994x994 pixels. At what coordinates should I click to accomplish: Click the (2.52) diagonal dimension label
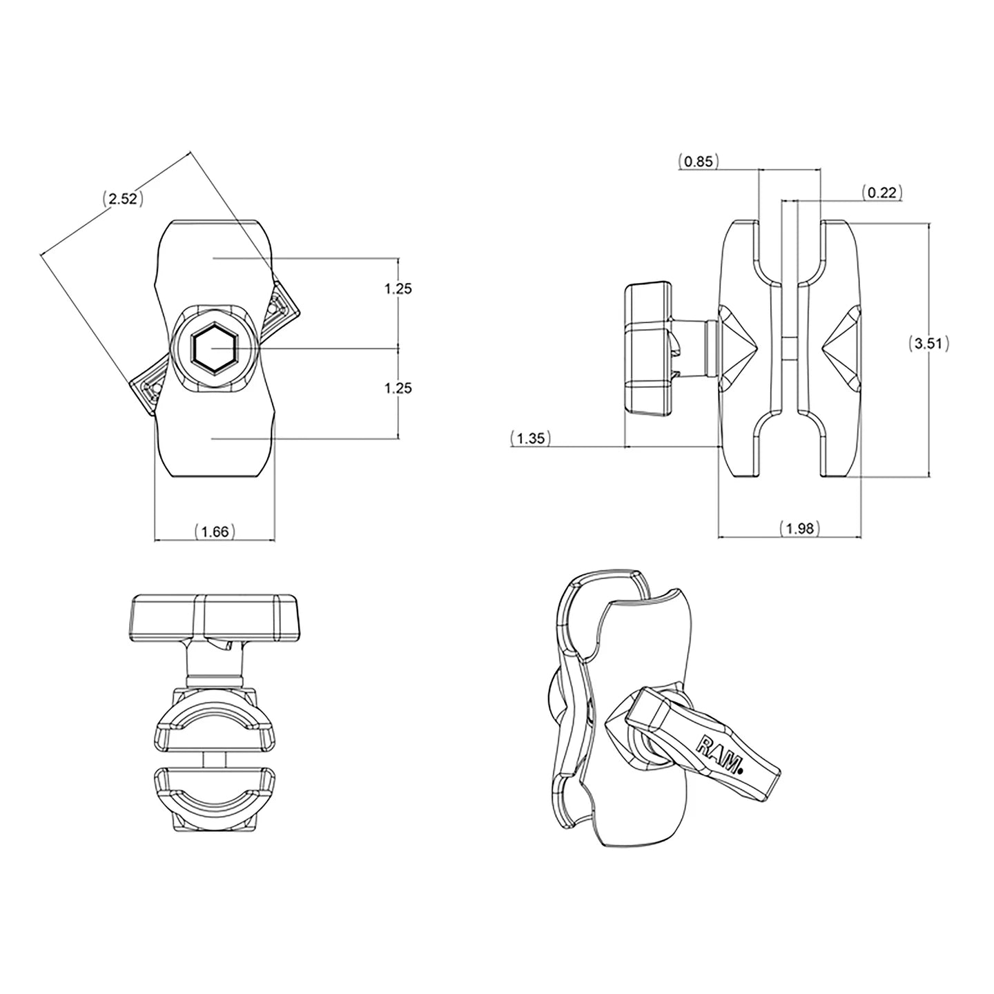(122, 199)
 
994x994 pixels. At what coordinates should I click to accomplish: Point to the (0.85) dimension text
(698, 162)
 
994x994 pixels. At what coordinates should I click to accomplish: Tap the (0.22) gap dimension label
(882, 193)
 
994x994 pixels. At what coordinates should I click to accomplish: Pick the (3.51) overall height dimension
(928, 343)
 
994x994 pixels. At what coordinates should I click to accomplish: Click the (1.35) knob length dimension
(531, 438)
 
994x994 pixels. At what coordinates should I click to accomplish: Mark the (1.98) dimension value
(800, 528)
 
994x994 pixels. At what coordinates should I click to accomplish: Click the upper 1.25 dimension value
(398, 289)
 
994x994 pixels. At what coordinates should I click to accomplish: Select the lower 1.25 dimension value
(398, 388)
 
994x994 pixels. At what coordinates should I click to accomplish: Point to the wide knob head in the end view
(213, 616)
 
